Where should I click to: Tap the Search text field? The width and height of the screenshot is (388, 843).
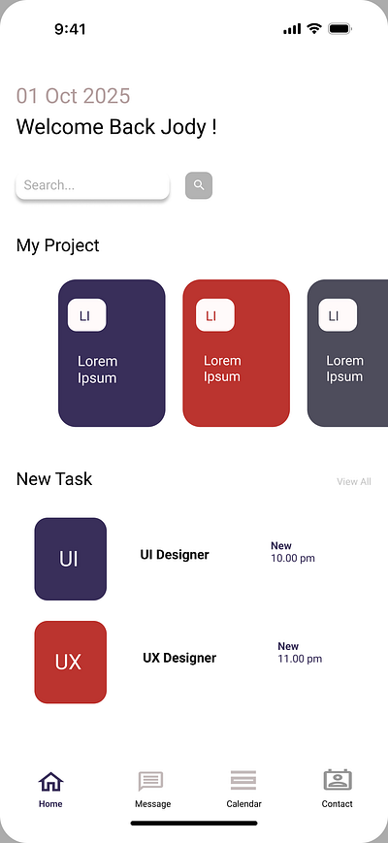click(92, 186)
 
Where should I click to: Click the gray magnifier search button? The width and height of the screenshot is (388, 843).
click(199, 185)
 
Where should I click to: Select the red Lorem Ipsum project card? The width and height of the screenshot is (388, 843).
click(237, 353)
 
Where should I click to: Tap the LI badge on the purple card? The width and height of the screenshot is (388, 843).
click(86, 315)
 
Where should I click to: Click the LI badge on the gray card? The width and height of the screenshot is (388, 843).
click(338, 315)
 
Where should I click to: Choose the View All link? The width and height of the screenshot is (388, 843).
click(354, 482)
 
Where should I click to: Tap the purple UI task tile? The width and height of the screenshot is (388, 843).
click(71, 559)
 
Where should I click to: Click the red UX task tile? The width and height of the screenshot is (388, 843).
click(71, 663)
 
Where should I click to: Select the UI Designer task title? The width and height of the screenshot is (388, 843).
click(175, 555)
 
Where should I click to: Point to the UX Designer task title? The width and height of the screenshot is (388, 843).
click(179, 658)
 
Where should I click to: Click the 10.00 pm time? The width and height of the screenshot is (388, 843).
click(293, 558)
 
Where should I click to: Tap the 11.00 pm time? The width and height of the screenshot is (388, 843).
click(300, 659)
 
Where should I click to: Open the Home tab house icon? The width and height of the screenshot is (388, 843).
click(51, 781)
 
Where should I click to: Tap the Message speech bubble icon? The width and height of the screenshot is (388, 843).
click(150, 781)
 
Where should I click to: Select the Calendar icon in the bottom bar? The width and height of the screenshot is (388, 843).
click(243, 780)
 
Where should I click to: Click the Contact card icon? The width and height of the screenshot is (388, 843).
click(338, 780)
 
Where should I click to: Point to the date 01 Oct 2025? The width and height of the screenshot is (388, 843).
click(73, 96)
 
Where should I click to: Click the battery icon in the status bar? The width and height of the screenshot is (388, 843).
click(339, 29)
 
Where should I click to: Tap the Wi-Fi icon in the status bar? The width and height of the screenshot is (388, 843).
click(314, 28)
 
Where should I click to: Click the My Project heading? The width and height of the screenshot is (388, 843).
click(58, 245)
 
